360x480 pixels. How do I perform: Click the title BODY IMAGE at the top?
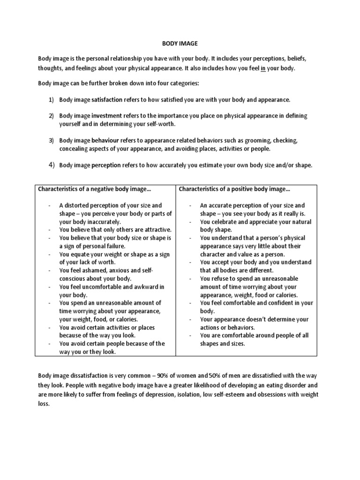click(180, 43)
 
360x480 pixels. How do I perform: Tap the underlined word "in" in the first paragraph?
click(264, 68)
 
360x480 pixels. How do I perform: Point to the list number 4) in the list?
click(51, 165)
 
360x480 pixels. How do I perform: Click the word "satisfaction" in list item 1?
click(107, 100)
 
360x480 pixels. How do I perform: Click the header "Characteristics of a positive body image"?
click(234, 189)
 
